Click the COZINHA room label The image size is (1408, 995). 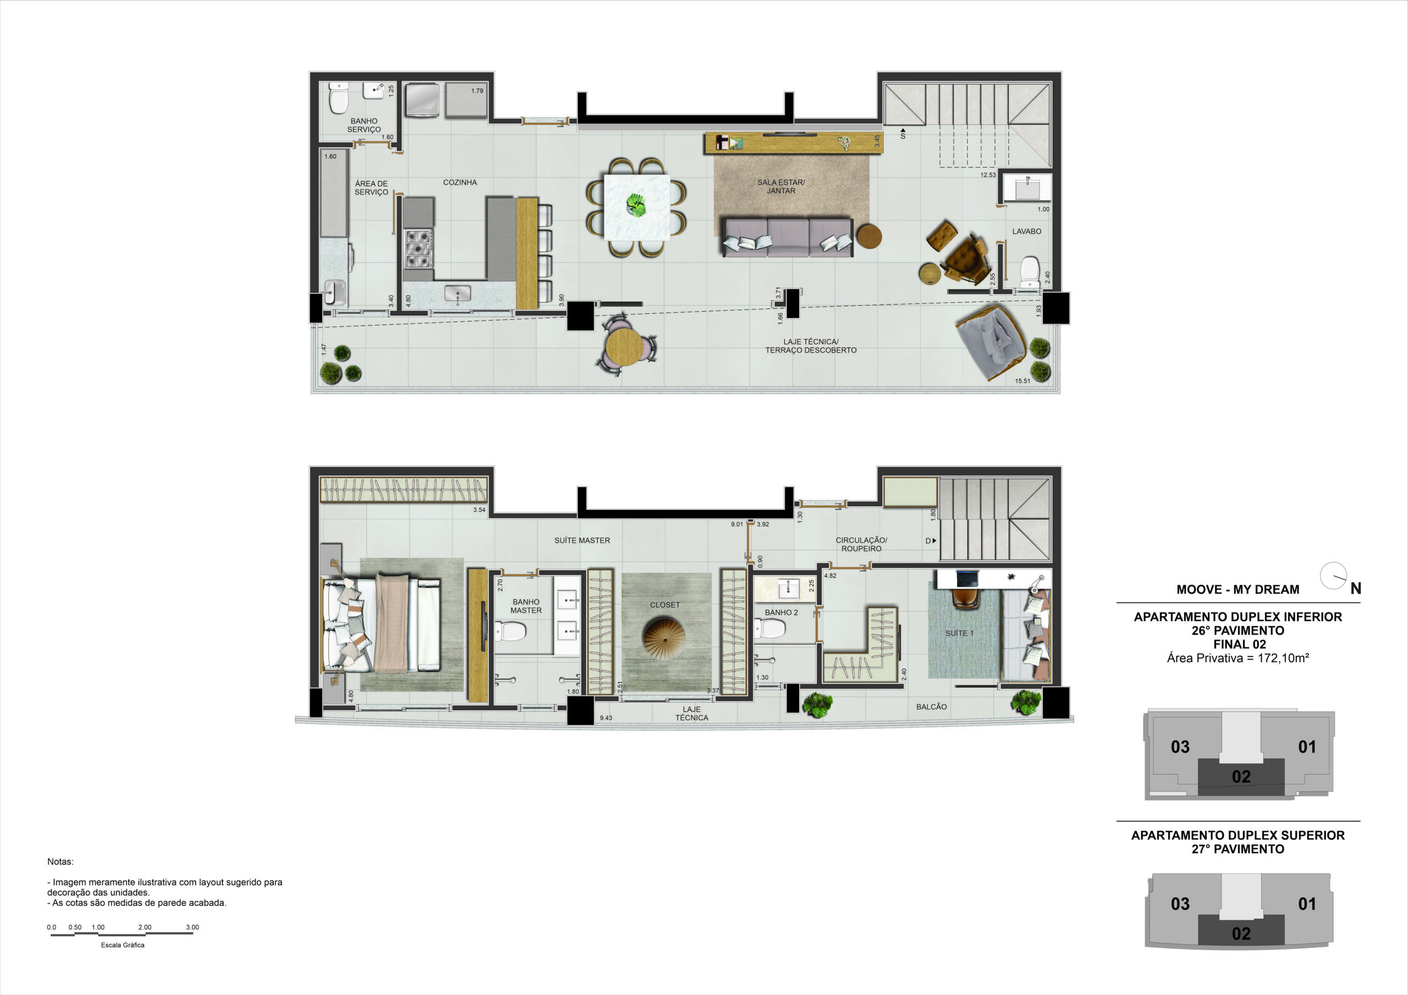(460, 183)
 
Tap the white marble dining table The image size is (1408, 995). (636, 207)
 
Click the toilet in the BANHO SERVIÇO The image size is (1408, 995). (338, 98)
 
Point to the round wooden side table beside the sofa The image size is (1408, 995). (869, 236)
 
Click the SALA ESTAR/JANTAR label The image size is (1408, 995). (780, 186)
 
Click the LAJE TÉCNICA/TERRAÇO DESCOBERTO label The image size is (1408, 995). (811, 346)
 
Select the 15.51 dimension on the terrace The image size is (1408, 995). (1022, 381)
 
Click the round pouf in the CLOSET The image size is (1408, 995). (665, 639)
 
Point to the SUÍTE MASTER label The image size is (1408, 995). (582, 541)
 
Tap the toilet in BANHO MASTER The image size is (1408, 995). (511, 631)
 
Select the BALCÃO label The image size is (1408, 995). (931, 707)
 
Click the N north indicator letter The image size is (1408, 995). (1356, 589)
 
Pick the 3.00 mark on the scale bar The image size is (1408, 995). (192, 927)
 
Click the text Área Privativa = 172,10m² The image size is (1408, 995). (1237, 659)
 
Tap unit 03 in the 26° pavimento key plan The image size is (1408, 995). (1180, 747)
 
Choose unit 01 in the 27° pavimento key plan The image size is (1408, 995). (1307, 904)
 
